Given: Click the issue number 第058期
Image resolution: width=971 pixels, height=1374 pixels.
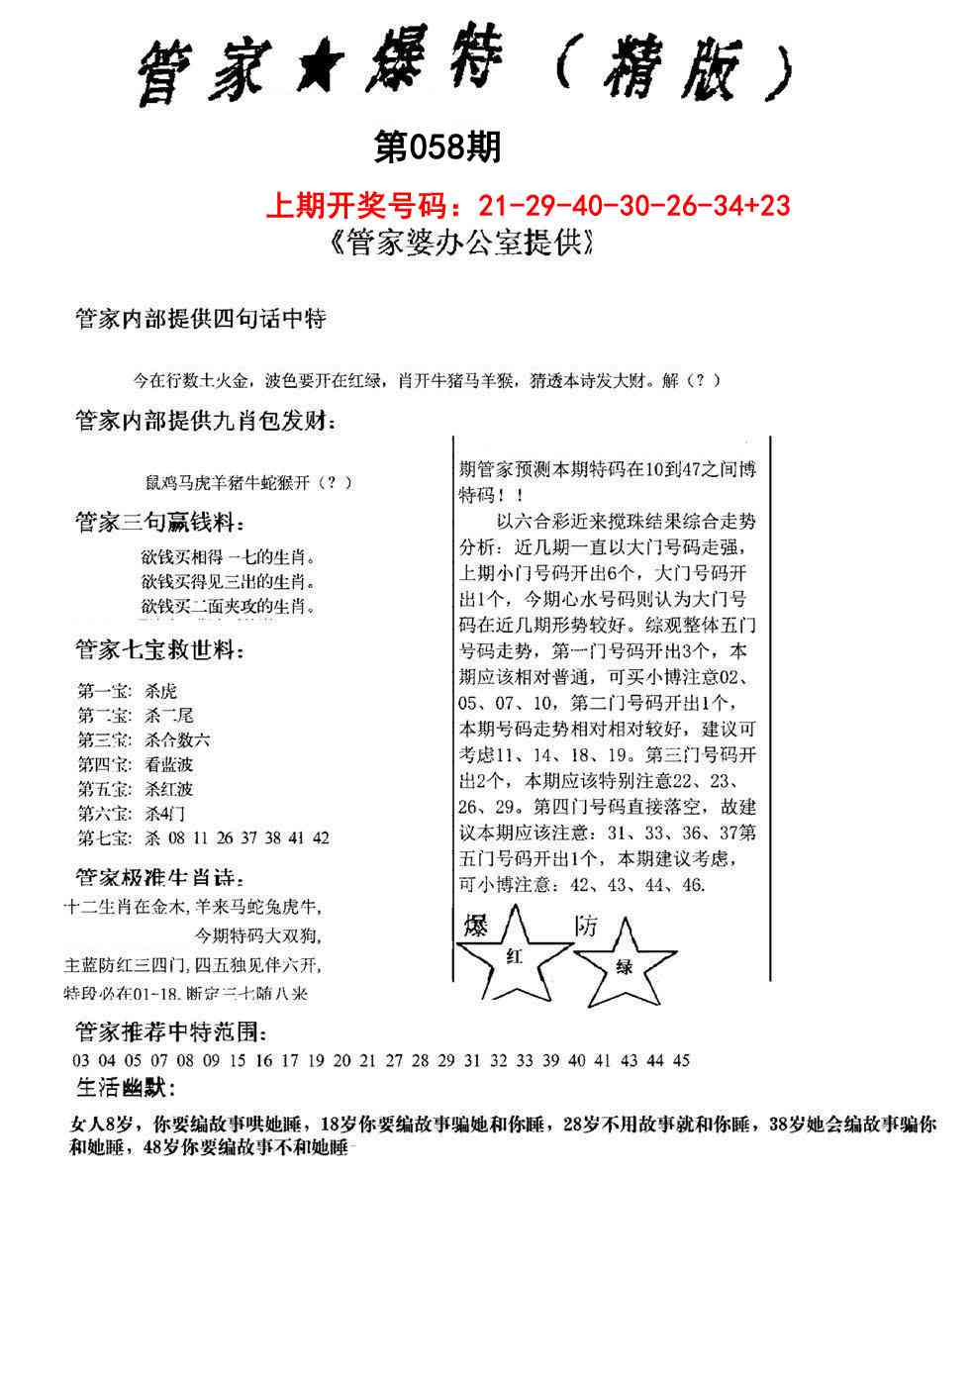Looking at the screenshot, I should click(437, 149).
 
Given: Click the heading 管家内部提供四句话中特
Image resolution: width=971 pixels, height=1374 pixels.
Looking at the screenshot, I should click(201, 320).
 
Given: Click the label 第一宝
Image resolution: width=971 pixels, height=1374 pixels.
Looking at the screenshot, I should click(103, 691).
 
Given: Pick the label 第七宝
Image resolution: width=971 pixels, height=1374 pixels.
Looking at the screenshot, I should click(103, 837).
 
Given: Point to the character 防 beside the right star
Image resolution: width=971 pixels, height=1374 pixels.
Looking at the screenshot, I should click(586, 927).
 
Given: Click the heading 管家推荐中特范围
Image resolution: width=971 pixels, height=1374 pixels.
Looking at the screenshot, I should click(170, 1032).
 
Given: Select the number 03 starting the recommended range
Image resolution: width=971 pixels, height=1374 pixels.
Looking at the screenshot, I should click(81, 1060).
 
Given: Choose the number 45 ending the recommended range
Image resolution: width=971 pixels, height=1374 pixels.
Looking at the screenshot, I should click(680, 1060).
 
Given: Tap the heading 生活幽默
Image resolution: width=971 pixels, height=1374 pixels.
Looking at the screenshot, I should click(126, 1090).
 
